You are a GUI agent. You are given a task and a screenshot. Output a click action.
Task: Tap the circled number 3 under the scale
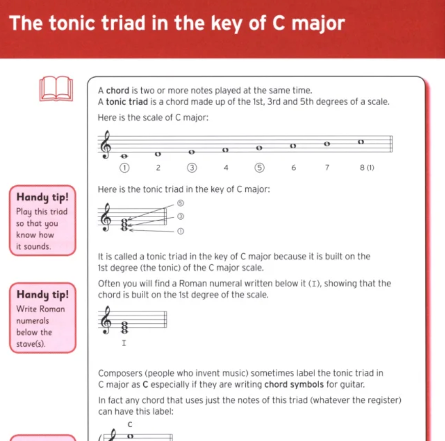tap(192, 167)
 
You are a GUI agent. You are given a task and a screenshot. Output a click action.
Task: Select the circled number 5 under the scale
tap(260, 167)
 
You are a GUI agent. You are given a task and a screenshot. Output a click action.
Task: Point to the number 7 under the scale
tap(328, 167)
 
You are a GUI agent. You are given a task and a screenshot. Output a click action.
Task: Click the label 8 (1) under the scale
tap(367, 167)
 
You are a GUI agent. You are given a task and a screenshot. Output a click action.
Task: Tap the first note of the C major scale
tap(124, 156)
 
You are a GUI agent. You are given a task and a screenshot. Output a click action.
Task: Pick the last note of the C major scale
tap(361, 142)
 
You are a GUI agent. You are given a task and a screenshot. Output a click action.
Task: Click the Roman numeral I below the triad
tap(123, 343)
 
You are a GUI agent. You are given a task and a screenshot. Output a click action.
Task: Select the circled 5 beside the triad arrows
tap(180, 203)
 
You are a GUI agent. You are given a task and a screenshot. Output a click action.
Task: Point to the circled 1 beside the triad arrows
tap(180, 231)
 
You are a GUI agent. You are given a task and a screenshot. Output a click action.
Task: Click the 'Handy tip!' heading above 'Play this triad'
tap(42, 197)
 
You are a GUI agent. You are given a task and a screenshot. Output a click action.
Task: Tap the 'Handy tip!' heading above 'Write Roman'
tap(42, 294)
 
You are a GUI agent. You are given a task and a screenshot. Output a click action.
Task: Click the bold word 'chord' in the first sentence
tap(117, 91)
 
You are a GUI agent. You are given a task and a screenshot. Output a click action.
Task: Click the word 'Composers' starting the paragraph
tap(119, 373)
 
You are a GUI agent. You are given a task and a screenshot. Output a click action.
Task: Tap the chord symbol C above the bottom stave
tap(130, 424)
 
